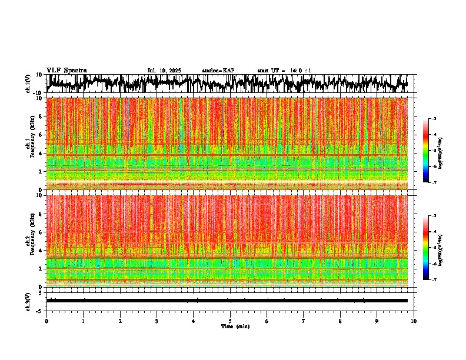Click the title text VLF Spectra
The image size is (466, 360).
point(66,70)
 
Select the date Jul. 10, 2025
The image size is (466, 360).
point(164,71)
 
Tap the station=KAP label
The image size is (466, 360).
point(218,71)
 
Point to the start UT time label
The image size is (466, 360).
point(284,71)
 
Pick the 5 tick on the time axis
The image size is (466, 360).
point(230,321)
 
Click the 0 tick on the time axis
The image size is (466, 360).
point(46,321)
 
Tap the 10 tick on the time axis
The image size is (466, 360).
point(414,321)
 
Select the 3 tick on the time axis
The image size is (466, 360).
point(157,321)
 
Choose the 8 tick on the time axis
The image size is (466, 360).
point(340,321)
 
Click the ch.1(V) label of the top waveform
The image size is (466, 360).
point(28,84)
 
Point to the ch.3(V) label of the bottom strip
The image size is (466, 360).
point(28,300)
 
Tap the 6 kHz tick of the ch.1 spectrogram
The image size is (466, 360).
point(41,135)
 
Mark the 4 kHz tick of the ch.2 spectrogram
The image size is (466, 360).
point(41,250)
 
